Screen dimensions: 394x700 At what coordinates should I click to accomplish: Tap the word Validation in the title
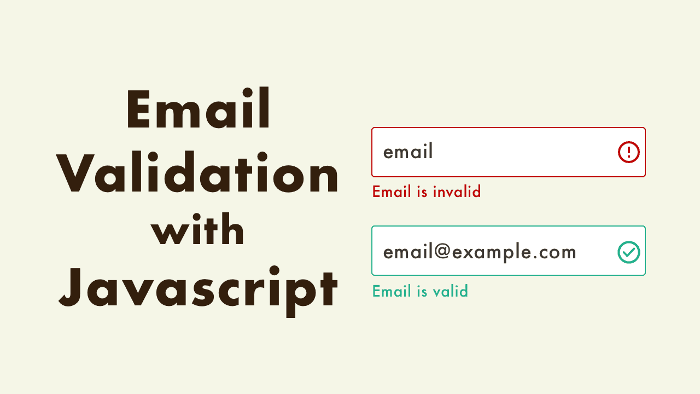click(x=198, y=174)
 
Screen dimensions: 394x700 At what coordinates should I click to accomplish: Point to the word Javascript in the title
click(x=198, y=288)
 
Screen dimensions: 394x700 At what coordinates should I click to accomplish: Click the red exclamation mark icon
click(x=629, y=152)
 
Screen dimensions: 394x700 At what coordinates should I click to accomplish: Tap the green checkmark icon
click(x=629, y=252)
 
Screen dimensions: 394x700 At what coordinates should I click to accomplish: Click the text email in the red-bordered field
click(x=408, y=152)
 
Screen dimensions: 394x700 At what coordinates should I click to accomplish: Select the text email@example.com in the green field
click(x=480, y=252)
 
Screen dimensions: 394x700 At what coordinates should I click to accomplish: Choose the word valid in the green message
click(x=450, y=291)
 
